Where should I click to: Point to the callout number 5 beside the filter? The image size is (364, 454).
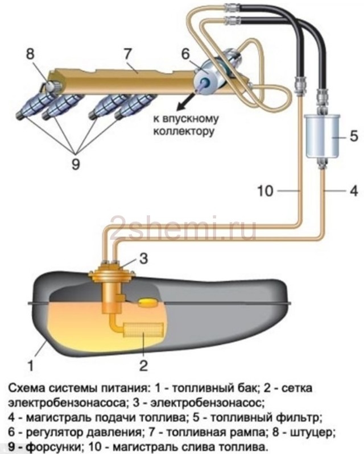[x=353, y=136]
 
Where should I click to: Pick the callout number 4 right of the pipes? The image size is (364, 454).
[x=353, y=191]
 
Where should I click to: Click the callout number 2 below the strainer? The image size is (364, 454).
[x=143, y=364]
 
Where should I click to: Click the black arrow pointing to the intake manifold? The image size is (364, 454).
[x=183, y=103]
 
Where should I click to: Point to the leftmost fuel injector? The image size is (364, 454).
[x=27, y=106]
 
